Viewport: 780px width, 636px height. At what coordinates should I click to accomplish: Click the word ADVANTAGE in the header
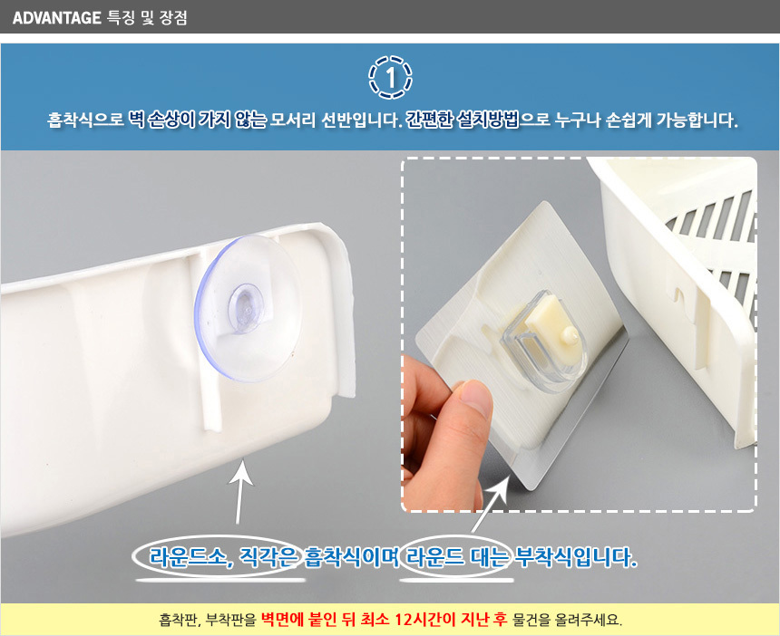[57, 18]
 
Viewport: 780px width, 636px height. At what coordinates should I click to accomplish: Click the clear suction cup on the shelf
[249, 309]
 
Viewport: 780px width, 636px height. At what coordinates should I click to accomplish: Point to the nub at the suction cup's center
[246, 307]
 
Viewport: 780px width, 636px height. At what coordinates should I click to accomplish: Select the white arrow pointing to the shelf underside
[240, 491]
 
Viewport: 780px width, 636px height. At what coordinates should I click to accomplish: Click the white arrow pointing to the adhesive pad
[490, 504]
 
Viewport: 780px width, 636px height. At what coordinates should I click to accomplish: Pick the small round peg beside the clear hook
[569, 337]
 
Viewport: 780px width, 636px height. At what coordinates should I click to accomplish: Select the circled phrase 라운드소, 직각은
[224, 556]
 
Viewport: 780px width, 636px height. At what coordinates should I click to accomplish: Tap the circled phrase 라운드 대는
[456, 556]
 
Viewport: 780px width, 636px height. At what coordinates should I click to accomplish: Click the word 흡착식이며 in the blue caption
[352, 556]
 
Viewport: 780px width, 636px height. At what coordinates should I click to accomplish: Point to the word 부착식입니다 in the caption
[575, 556]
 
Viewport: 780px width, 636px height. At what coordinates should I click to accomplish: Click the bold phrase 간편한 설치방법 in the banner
[463, 120]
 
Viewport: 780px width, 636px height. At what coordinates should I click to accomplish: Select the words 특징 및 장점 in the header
[147, 18]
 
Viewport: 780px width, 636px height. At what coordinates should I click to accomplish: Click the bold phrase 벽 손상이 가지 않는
[198, 120]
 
